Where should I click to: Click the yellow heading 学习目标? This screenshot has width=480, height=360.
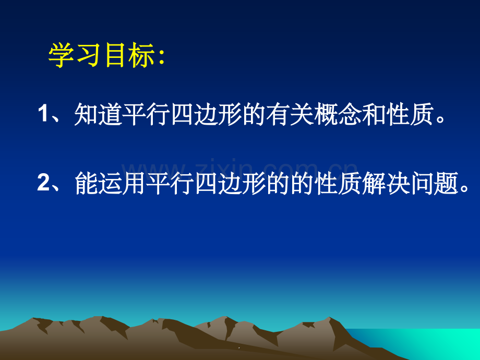click(101, 55)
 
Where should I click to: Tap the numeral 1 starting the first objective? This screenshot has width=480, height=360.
click(43, 113)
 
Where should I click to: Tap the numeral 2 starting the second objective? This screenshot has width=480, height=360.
click(43, 182)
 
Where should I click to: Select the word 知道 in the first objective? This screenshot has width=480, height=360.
click(98, 114)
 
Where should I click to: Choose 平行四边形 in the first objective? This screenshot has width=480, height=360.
click(182, 114)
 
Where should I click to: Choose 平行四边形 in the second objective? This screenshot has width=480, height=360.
click(206, 183)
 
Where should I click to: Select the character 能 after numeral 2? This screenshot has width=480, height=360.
click(86, 183)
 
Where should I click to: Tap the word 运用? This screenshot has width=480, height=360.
click(122, 183)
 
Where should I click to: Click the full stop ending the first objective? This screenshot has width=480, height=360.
click(440, 119)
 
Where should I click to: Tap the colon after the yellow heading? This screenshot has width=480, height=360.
click(162, 57)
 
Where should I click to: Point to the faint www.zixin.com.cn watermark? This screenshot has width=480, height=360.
click(239, 169)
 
